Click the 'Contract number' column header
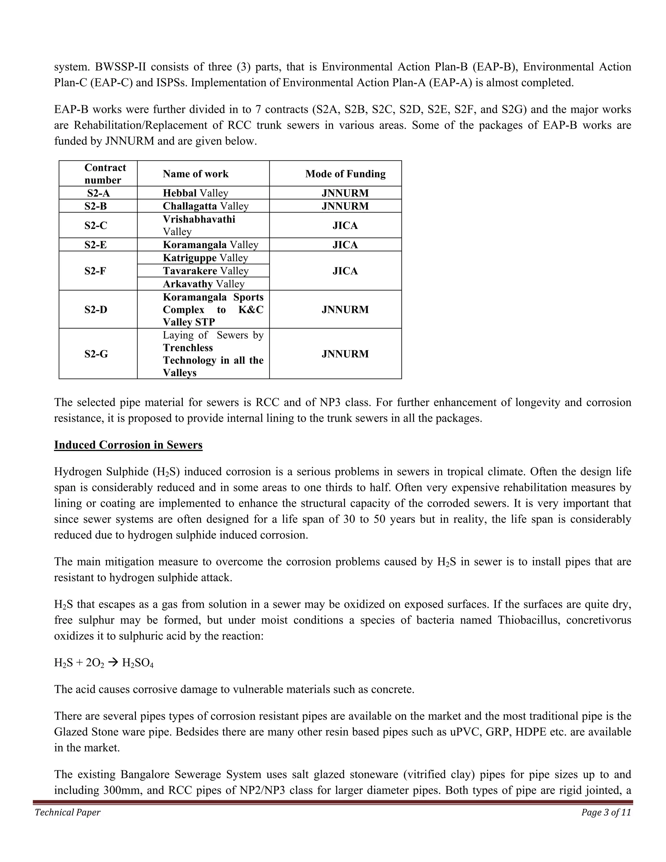105,174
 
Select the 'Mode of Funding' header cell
345,174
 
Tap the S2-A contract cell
98,193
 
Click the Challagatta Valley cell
206,206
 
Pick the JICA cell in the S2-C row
345,225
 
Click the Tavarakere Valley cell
206,271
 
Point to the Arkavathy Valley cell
204,284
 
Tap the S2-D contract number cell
96,309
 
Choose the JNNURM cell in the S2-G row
345,354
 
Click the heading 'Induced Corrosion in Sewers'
128,445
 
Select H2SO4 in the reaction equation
138,663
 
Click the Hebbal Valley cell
195,193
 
